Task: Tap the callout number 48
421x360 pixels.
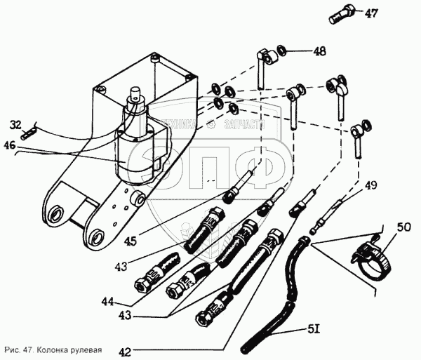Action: (320, 51)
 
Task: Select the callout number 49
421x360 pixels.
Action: (371, 185)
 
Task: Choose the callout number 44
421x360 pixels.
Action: (107, 302)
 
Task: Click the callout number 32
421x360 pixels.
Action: (16, 125)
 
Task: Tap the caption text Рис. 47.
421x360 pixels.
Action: (19, 349)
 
